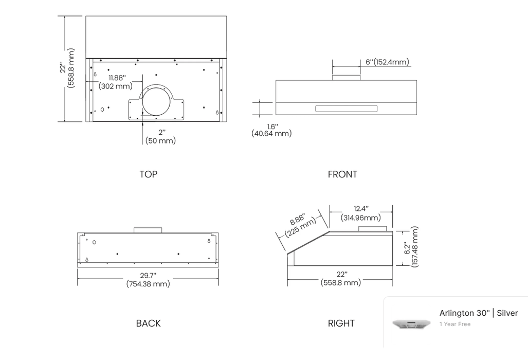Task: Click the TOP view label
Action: click(148, 174)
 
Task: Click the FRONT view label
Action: click(342, 174)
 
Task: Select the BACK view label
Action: click(148, 323)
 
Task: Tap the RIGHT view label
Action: click(341, 323)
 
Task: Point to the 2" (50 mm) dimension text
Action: click(160, 136)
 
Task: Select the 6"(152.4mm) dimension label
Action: click(387, 62)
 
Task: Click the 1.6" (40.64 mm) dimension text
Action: click(271, 130)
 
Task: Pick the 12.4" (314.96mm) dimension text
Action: click(361, 213)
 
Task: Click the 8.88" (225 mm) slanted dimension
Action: click(300, 223)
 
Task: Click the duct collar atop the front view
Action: click(347, 77)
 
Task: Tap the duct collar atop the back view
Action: click(148, 230)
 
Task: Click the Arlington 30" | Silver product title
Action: click(478, 313)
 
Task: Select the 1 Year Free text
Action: click(454, 325)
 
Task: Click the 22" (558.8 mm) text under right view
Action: click(340, 279)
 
